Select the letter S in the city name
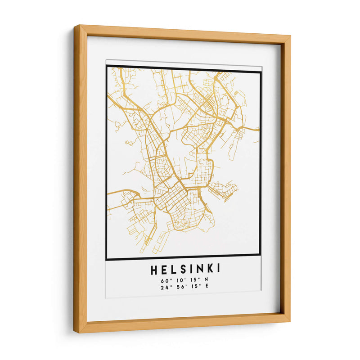tap(183, 269)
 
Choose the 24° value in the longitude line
tap(163, 287)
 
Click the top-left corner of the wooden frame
tap(75, 26)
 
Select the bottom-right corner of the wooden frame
tap(289, 321)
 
